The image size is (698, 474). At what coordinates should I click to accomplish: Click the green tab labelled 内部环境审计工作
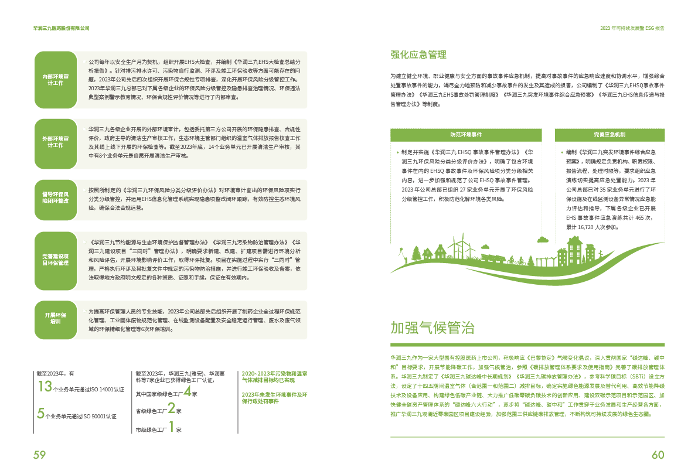pyautogui.click(x=56, y=80)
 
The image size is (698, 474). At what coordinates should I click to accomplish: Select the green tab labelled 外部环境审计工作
pyautogui.click(x=56, y=142)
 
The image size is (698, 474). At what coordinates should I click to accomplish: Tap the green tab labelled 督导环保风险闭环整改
pyautogui.click(x=56, y=197)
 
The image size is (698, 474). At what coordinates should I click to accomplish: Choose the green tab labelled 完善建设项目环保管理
pyautogui.click(x=56, y=260)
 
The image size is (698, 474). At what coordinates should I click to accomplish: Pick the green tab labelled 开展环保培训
pyautogui.click(x=56, y=318)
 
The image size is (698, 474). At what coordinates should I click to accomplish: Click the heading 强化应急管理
pyautogui.click(x=418, y=55)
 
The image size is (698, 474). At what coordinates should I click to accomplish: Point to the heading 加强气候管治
pyautogui.click(x=433, y=327)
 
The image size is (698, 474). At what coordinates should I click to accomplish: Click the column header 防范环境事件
pyautogui.click(x=471, y=135)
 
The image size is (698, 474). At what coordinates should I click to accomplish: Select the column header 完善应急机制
pyautogui.click(x=610, y=135)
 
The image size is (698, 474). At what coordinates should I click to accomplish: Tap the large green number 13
pyautogui.click(x=45, y=386)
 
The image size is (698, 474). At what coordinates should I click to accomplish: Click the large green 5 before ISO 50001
pyautogui.click(x=40, y=414)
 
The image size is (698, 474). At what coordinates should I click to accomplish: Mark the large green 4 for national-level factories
pyautogui.click(x=186, y=391)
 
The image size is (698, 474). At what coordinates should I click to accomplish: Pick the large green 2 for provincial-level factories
pyautogui.click(x=171, y=408)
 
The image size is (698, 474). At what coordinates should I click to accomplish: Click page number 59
pyautogui.click(x=39, y=455)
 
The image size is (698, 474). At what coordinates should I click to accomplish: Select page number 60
pyautogui.click(x=658, y=455)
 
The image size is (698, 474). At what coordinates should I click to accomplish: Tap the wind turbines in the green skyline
pyautogui.click(x=455, y=245)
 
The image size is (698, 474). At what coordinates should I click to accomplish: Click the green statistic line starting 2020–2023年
pyautogui.click(x=274, y=377)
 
